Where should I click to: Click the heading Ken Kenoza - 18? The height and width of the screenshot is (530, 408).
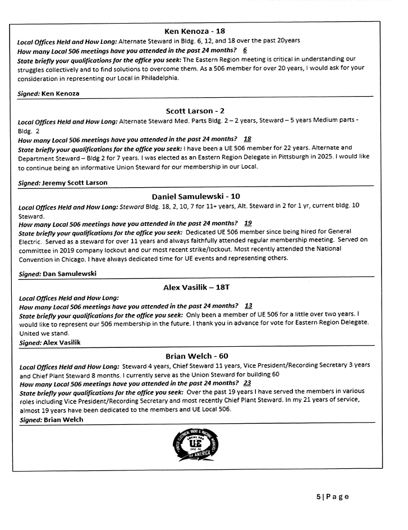pyautogui.click(x=195, y=31)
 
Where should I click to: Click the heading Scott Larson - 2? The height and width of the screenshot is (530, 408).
pyautogui.click(x=195, y=111)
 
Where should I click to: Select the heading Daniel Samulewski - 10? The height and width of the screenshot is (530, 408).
pyautogui.click(x=196, y=197)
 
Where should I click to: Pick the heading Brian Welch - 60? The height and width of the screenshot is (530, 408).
pyautogui.click(x=196, y=356)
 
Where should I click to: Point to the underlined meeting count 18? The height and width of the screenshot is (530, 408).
pyautogui.click(x=247, y=139)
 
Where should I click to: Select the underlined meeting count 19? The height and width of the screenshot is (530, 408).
pyautogui.click(x=248, y=223)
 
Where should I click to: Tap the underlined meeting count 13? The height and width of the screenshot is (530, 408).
pyautogui.click(x=248, y=306)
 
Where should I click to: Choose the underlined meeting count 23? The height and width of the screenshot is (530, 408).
pyautogui.click(x=247, y=383)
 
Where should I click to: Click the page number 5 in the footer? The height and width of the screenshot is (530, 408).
pyautogui.click(x=318, y=496)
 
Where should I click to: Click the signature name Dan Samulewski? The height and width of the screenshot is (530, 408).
pyautogui.click(x=65, y=274)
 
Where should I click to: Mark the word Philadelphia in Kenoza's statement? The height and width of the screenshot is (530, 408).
pyautogui.click(x=160, y=78)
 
